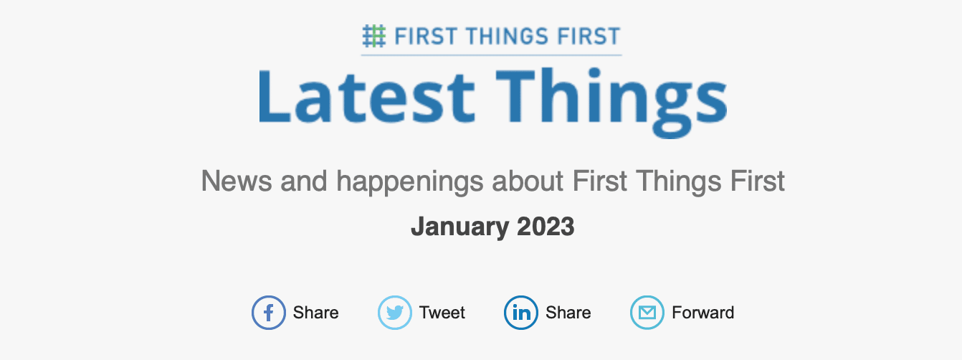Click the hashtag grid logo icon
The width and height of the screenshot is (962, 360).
(373, 36)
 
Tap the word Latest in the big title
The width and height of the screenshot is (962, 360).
(366, 96)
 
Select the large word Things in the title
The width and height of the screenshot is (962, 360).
(611, 103)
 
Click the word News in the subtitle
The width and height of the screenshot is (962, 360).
(237, 181)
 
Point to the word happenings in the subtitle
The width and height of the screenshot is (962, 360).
(410, 182)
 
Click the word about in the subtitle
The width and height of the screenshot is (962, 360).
(528, 181)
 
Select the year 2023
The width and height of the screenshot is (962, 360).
(546, 227)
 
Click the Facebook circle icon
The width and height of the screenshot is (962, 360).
(269, 313)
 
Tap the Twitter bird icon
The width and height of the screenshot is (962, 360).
(395, 313)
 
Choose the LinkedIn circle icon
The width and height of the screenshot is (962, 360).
(521, 313)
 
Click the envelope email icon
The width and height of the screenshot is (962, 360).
(647, 313)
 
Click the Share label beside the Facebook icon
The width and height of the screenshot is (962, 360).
(315, 313)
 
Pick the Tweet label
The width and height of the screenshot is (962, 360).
(442, 313)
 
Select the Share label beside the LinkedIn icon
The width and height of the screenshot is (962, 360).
(568, 313)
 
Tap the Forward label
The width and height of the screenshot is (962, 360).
(703, 313)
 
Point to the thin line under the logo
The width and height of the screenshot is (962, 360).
(491, 55)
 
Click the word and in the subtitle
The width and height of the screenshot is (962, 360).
(304, 181)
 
